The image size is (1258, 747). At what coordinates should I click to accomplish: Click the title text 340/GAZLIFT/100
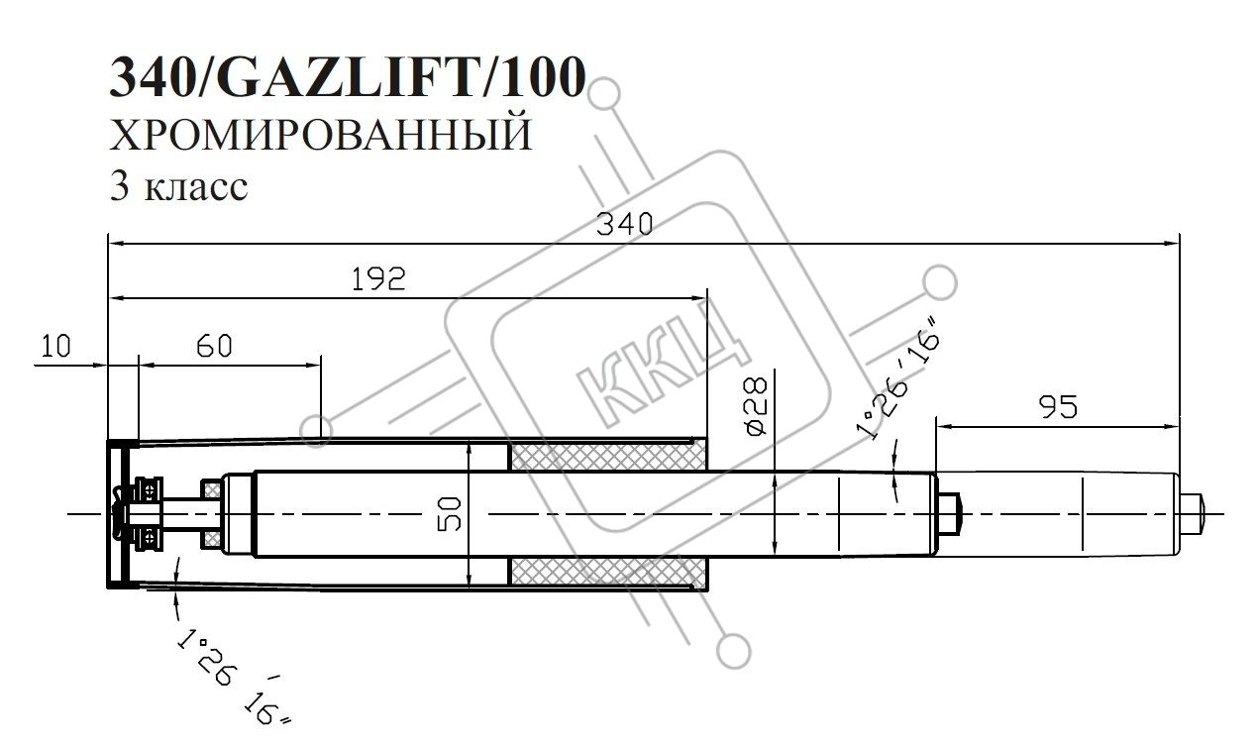[x=348, y=77]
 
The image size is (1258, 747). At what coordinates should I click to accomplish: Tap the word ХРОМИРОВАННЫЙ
[x=320, y=135]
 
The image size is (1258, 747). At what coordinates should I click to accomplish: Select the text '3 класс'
[x=178, y=186]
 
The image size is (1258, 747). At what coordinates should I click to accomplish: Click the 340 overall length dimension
[x=624, y=225]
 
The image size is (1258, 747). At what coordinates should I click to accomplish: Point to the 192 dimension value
[x=378, y=278]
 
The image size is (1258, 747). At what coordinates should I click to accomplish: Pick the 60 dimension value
[x=214, y=346]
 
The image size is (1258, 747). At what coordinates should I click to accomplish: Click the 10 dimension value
[x=55, y=346]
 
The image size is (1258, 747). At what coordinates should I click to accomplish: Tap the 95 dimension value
[x=1059, y=407]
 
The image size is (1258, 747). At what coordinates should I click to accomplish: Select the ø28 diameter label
[x=756, y=405]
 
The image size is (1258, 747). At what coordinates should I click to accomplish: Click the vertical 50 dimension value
[x=450, y=514]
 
